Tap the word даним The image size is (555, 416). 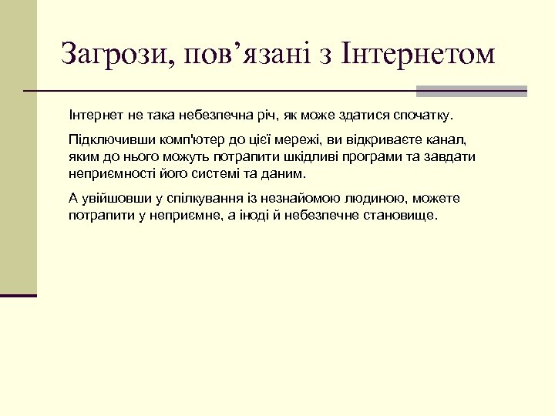point(266,173)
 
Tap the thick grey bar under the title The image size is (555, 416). point(471,91)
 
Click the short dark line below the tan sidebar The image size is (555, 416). point(18,295)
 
